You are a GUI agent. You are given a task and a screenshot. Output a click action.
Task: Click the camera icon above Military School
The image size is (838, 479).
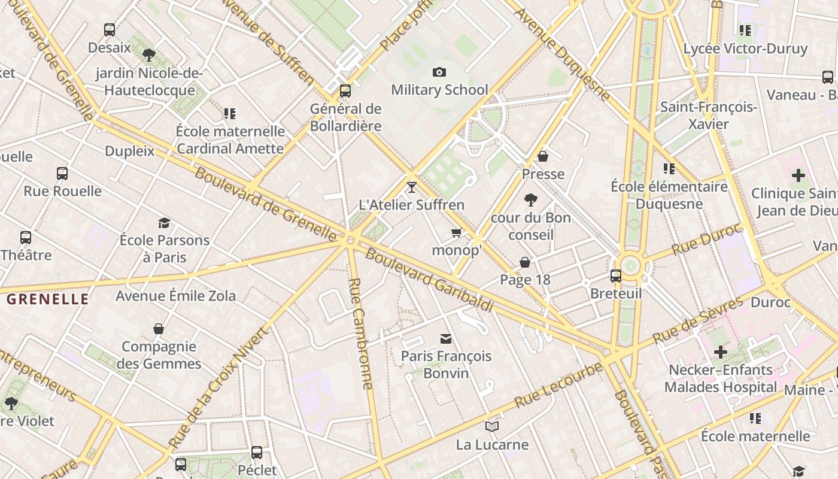[439, 72]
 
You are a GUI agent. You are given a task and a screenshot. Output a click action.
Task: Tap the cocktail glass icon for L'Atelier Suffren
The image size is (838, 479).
[411, 187]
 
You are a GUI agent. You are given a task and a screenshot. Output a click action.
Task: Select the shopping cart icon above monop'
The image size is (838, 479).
[457, 233]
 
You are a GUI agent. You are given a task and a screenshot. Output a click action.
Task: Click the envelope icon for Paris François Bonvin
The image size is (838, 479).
[446, 339]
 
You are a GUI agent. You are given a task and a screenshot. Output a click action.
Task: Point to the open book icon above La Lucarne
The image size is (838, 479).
[492, 427]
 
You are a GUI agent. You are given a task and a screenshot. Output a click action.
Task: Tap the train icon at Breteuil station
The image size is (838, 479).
[616, 276]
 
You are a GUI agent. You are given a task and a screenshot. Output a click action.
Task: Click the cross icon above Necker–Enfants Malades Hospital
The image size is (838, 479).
[721, 352]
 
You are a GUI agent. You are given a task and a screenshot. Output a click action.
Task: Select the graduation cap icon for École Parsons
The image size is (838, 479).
[164, 223]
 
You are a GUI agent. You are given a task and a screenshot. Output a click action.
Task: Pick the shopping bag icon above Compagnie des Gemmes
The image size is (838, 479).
[159, 329]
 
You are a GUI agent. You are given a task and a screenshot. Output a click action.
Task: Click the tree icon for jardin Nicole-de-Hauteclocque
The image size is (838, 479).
[149, 55]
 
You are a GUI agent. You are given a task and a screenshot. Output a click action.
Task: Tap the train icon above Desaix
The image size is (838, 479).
[110, 30]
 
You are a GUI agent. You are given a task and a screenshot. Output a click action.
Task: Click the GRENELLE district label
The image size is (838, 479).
[47, 299]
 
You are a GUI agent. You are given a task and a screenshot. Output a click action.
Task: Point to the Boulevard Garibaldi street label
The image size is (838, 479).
[429, 280]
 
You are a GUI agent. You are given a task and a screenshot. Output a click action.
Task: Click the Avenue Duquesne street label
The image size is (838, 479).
[562, 54]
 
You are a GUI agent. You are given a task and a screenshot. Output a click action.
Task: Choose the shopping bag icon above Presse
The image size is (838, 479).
[543, 156]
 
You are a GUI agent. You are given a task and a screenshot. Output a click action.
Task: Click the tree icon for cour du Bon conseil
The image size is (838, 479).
[530, 200]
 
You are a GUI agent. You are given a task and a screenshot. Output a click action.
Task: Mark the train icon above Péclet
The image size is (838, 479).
[257, 453]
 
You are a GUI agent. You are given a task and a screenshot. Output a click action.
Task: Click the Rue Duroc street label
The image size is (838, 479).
[706, 239]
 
